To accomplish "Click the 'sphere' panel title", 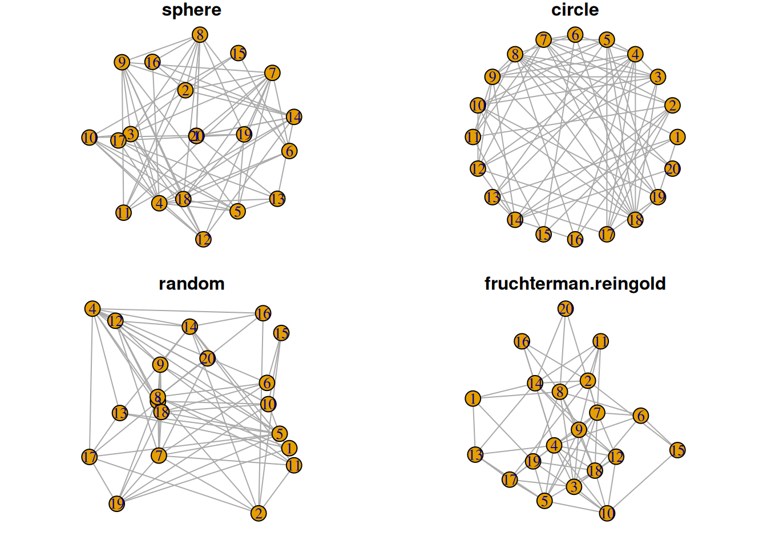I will coord(191,10).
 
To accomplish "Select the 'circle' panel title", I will coord(575,10).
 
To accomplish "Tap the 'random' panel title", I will coord(191,284).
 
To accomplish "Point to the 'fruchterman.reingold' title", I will coord(575,284).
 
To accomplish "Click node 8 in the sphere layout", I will coord(199,35).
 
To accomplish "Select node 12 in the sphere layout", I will coord(203,239).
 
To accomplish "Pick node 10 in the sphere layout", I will coord(90,138).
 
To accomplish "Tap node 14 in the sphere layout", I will coord(293,117).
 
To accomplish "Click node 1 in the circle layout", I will coord(677,137).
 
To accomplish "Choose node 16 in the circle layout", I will coord(575,239).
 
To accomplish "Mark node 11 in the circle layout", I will coord(473,137).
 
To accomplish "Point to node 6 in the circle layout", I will coord(575,35).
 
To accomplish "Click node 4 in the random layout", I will coord(92,309).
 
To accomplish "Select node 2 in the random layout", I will coord(259,513).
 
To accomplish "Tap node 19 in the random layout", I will coord(116,503).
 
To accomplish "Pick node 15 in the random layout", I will coord(281,333).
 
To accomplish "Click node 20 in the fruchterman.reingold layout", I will coord(565,309).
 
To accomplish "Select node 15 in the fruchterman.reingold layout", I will coord(677,450).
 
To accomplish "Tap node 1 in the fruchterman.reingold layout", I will coord(473,398).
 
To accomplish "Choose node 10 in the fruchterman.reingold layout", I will coord(607,513).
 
